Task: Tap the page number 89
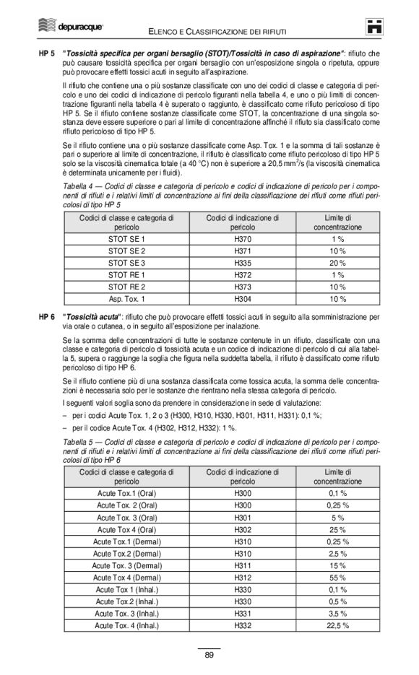tap(209, 655)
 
